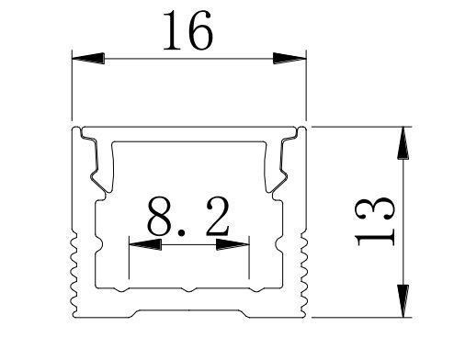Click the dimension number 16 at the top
tap(188, 34)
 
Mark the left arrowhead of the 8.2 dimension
tap(143, 245)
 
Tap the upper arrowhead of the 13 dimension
tap(402, 142)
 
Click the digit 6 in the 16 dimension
tap(202, 34)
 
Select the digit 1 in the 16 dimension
tap(173, 34)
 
